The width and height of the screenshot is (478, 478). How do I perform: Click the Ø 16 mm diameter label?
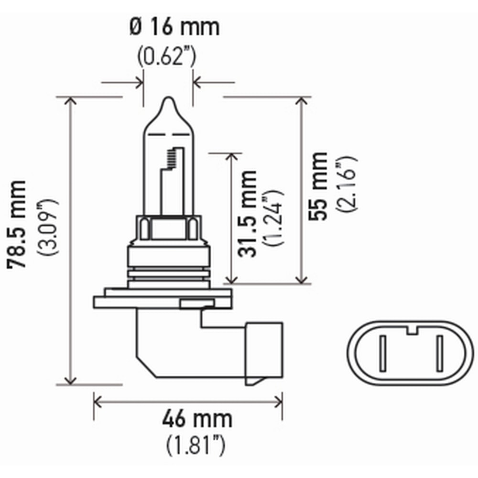coord(174,27)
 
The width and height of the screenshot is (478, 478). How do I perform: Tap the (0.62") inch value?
coord(167,56)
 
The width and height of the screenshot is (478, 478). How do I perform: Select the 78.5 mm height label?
coord(17,225)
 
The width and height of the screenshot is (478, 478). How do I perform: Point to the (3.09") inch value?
coord(47,228)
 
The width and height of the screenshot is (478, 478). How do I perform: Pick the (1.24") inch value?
coord(273,217)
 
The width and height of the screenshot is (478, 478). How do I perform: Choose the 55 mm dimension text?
coord(318,186)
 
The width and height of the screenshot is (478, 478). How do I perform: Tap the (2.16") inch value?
coord(346,184)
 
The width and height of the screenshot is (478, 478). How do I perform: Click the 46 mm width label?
coord(197,419)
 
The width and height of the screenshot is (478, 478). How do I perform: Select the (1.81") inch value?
coord(196,445)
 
